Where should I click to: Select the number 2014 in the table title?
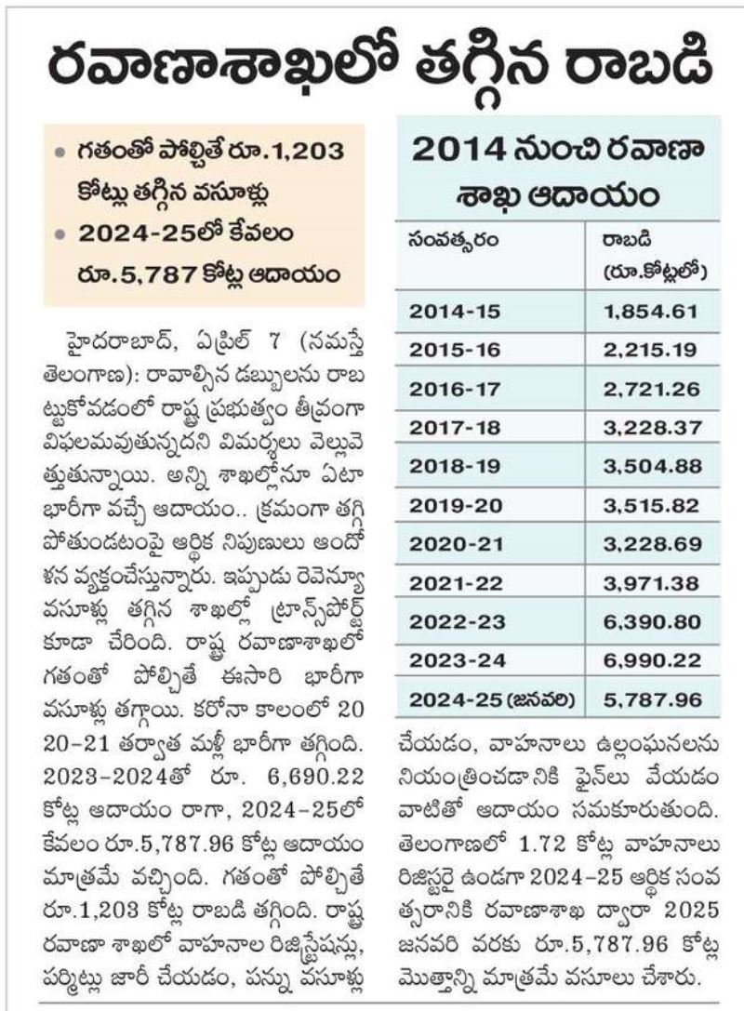(458, 151)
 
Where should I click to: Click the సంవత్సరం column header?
(453, 241)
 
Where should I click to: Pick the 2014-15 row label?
(455, 312)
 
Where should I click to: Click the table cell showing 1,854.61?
(650, 312)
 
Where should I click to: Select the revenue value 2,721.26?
(651, 389)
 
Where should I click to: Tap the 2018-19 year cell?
(455, 466)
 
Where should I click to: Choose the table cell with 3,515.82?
(651, 506)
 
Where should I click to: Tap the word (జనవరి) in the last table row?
(542, 699)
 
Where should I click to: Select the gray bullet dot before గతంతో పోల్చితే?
(60, 153)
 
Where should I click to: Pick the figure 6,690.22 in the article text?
(315, 777)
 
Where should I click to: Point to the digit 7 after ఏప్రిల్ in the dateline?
(274, 341)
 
